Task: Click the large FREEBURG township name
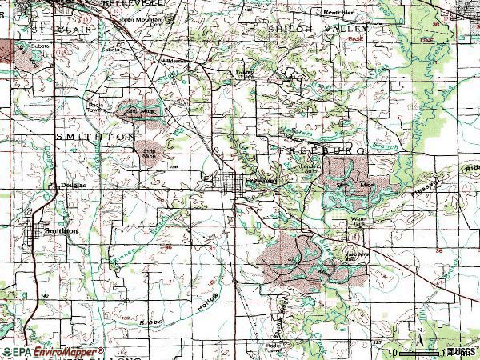[x=325, y=150]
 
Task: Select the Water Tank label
[x=358, y=221]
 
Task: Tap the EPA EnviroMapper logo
[x=52, y=351]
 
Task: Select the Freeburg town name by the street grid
[x=261, y=181]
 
